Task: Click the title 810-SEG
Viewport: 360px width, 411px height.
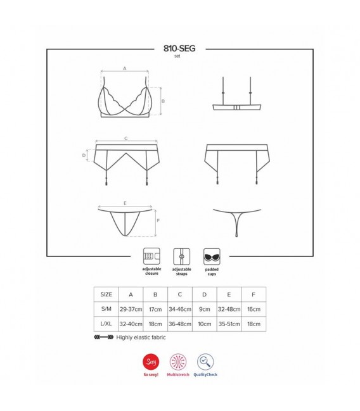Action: (179, 49)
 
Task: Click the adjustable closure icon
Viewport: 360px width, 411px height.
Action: (151, 256)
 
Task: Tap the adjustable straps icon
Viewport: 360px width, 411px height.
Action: (181, 256)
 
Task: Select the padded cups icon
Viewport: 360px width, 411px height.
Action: (212, 256)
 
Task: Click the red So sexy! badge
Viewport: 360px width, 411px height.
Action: (151, 362)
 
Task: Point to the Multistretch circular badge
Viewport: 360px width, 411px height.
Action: (178, 362)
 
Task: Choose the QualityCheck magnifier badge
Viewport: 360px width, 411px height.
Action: (205, 362)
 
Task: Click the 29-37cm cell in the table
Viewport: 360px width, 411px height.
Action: (131, 309)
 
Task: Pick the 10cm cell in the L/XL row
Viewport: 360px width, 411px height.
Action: (205, 324)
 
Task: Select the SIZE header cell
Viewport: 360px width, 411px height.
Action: (106, 294)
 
